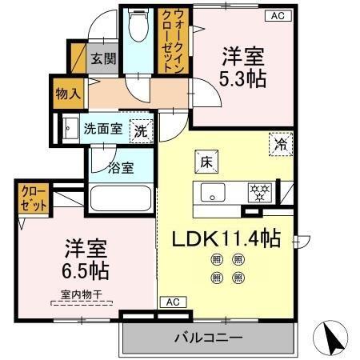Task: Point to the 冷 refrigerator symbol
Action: point(281,145)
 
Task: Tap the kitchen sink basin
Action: point(214,192)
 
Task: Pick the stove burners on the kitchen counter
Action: point(260,192)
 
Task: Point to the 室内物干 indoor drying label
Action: point(82,294)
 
